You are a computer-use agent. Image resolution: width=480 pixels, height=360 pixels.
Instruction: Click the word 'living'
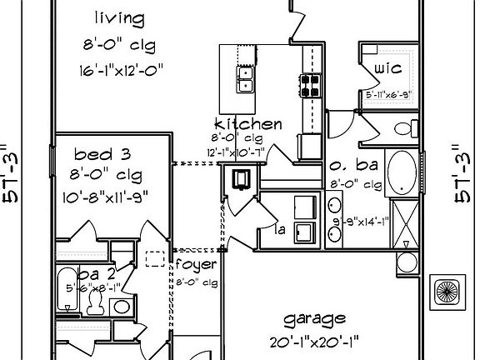pyautogui.click(x=118, y=17)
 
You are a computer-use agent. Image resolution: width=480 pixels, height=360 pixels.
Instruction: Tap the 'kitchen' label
pyautogui.click(x=248, y=124)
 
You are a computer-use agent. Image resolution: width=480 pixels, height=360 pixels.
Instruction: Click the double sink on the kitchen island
pyautogui.click(x=246, y=79)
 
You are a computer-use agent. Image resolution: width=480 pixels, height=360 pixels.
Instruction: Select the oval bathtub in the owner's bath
pyautogui.click(x=403, y=172)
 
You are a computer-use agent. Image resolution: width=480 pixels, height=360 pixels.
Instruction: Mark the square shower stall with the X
pyautogui.click(x=404, y=224)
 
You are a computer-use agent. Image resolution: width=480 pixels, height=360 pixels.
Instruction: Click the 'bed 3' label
pyautogui.click(x=102, y=154)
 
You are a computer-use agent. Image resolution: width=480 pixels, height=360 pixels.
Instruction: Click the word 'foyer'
pyautogui.click(x=197, y=265)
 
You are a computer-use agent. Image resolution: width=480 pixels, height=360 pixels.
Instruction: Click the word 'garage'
pyautogui.click(x=314, y=319)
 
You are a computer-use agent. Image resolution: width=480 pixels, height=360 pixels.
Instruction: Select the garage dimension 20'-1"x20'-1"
pyautogui.click(x=314, y=341)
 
